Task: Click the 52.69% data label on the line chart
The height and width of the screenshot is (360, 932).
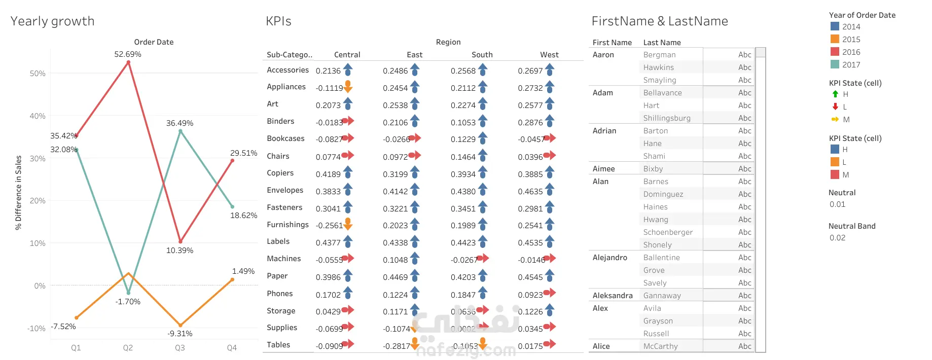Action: [x=128, y=54]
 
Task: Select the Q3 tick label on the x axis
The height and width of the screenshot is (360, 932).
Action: [x=180, y=348]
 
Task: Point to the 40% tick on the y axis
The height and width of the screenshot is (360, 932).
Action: [x=38, y=116]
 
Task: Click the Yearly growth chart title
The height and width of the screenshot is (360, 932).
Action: [x=53, y=21]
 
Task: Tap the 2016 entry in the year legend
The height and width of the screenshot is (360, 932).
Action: [x=851, y=52]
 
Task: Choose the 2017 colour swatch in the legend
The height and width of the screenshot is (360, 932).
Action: [x=835, y=64]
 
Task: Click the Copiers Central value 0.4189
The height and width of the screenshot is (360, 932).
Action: [x=328, y=174]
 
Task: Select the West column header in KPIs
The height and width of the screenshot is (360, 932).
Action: [x=549, y=55]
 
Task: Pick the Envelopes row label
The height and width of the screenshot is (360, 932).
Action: [x=285, y=190]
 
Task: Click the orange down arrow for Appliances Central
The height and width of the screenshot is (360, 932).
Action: [x=348, y=87]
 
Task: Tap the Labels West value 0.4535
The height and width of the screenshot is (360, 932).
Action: [x=530, y=243]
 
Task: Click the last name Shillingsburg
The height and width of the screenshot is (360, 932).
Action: [x=667, y=118]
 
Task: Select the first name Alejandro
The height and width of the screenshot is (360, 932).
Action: [x=610, y=258]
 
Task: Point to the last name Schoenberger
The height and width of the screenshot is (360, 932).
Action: [x=668, y=232]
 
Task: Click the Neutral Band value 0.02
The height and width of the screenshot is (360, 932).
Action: [x=837, y=238]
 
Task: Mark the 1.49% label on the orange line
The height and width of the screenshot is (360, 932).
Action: [x=243, y=271]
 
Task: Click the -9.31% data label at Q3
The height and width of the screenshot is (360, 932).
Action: [x=180, y=334]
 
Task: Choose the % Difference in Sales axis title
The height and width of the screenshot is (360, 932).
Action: [x=19, y=193]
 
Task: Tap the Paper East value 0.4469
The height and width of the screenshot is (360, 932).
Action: [x=395, y=277]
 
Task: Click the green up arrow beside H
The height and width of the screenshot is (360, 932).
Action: [x=835, y=94]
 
